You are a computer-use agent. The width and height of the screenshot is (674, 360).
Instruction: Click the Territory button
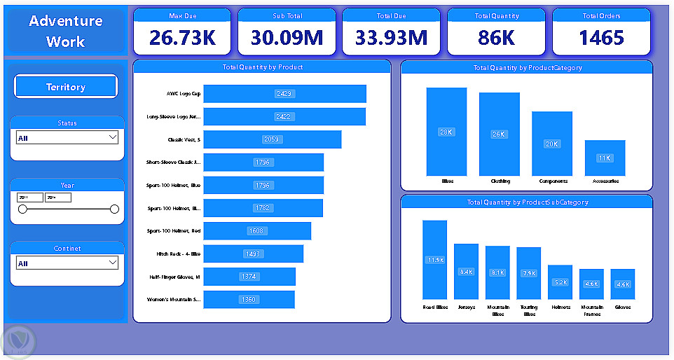[66, 87]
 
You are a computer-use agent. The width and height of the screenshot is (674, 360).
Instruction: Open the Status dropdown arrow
[113, 138]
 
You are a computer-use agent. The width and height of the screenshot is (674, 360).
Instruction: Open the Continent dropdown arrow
[113, 263]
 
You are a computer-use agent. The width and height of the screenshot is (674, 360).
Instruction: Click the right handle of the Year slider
[114, 209]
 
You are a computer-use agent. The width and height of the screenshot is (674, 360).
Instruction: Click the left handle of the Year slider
[22, 209]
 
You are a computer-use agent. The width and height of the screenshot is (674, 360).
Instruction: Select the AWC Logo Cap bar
[284, 94]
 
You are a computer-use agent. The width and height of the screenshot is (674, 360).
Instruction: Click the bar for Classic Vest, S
[272, 139]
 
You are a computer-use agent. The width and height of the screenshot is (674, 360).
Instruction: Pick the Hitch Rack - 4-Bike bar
[253, 254]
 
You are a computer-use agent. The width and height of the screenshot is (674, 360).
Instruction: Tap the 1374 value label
[249, 277]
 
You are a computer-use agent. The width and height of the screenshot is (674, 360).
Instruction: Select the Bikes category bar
[446, 132]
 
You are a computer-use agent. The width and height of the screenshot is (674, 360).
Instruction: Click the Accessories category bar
[605, 158]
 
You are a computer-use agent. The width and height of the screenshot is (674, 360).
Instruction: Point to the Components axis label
[553, 181]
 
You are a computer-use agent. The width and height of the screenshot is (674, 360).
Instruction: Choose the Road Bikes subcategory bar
[434, 260]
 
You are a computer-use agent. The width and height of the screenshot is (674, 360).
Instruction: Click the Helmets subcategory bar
[560, 282]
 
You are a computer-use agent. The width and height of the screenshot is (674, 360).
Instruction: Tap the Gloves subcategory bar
[622, 284]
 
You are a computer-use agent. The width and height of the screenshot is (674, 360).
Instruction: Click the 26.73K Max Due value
[182, 38]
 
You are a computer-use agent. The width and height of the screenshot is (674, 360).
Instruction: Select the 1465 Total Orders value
[601, 38]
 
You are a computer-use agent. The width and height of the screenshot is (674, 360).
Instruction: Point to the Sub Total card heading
[288, 15]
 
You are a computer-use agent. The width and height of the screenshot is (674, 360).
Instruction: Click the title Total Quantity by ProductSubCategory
[527, 202]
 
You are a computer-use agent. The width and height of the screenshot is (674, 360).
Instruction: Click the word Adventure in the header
[66, 21]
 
